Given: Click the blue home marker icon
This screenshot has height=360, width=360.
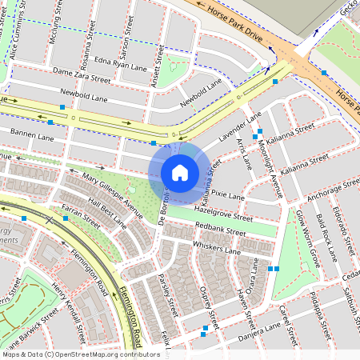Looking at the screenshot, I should coord(180,173).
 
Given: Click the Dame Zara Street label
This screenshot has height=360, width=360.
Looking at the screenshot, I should coord(81,76).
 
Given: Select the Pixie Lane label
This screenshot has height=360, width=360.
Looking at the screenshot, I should coord(227,194).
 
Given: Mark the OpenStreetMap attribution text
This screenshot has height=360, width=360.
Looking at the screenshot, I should coord(81,354).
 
